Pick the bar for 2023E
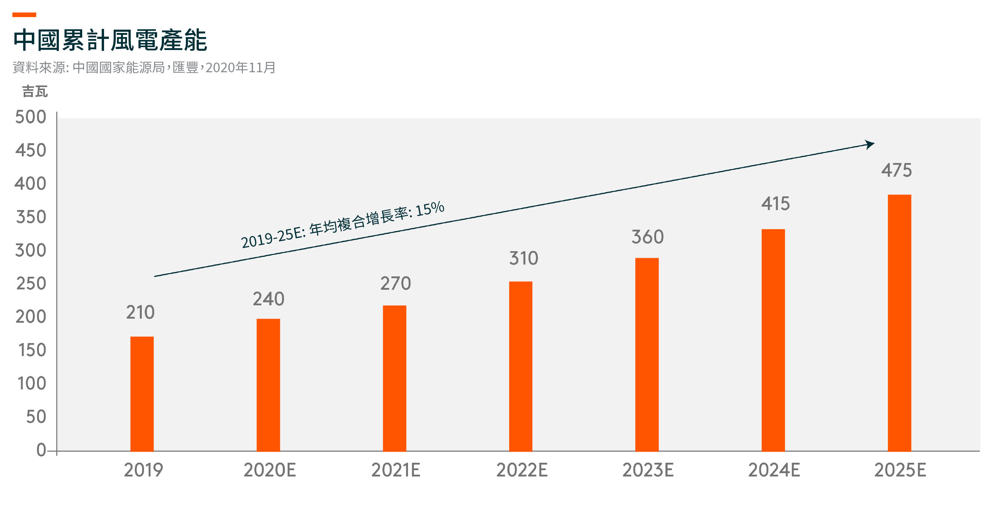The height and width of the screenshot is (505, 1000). [x=647, y=354]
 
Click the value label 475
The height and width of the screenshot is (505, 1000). [x=896, y=170]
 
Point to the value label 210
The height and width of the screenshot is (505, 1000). [x=140, y=312]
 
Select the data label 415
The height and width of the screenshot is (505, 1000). [x=775, y=203]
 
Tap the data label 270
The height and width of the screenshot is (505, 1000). [x=395, y=283]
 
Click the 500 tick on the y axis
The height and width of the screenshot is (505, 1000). [x=31, y=117]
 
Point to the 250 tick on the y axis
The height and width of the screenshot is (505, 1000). [x=31, y=283]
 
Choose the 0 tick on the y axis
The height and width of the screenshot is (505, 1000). [x=41, y=450]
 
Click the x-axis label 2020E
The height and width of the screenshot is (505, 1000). [x=270, y=470]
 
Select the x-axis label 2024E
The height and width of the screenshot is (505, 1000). [x=774, y=470]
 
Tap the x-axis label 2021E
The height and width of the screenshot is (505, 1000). [x=395, y=470]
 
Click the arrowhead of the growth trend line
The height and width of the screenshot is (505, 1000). [x=870, y=144]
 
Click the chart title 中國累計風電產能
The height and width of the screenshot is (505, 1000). [x=110, y=40]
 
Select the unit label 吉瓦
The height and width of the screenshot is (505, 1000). [x=35, y=92]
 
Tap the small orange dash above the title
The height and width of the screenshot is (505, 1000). [x=24, y=15]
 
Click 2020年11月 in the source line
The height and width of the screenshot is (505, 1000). [x=240, y=67]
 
